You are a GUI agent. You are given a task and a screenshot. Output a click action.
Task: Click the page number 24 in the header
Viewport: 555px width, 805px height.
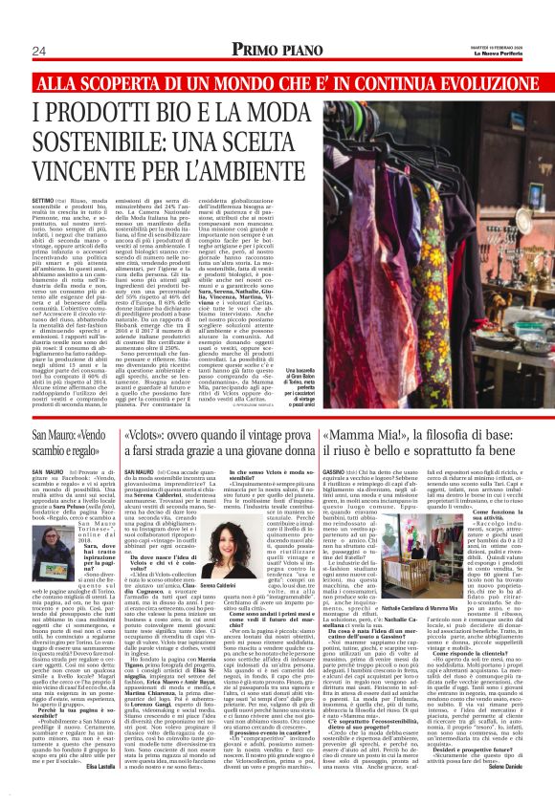(39, 51)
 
